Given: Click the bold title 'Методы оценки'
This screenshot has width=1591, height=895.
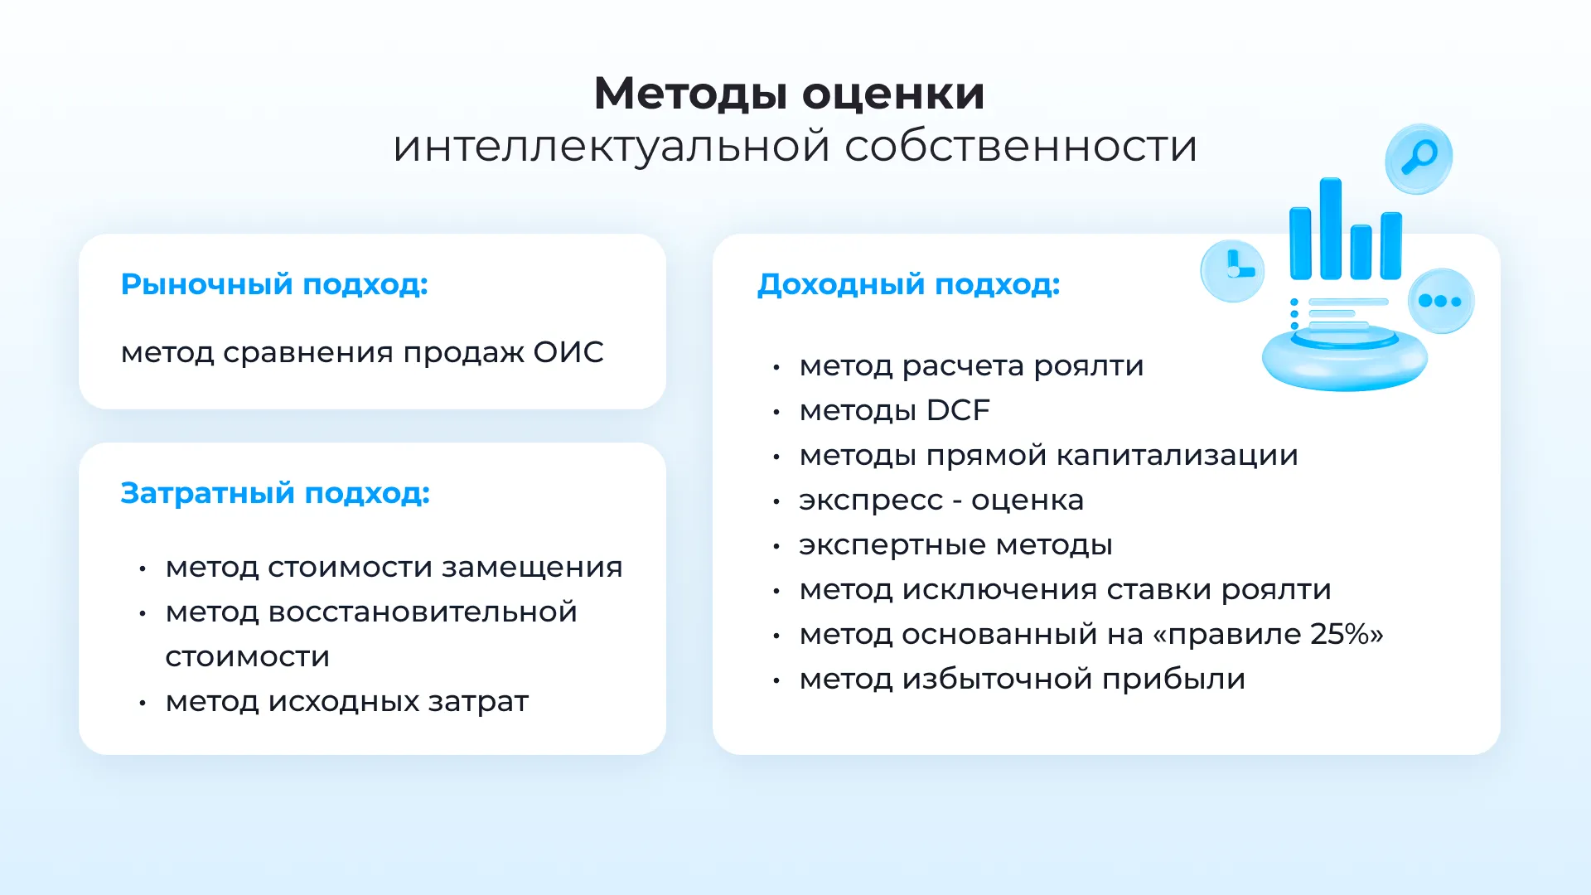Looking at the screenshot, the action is tap(789, 94).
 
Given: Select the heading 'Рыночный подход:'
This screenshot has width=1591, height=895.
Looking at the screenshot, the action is tap(274, 284).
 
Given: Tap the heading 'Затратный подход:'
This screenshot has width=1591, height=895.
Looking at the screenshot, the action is tap(275, 493).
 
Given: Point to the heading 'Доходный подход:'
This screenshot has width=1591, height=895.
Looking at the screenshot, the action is tap(908, 284).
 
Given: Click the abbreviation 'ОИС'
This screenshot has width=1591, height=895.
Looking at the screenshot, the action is tap(568, 352).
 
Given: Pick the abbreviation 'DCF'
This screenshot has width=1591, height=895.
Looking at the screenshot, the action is tap(958, 410).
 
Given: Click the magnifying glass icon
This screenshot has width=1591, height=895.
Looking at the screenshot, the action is tap(1419, 158).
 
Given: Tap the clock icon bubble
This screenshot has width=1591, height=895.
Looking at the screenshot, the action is tap(1232, 271).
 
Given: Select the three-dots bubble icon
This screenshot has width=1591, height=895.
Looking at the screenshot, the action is tap(1440, 301).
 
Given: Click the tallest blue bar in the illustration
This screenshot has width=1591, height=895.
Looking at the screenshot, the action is tap(1330, 228).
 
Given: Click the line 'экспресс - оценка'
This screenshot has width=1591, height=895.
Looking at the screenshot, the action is tap(941, 501).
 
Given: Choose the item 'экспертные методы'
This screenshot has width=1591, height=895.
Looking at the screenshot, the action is tap(955, 545).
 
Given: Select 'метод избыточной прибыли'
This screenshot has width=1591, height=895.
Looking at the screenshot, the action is tap(1023, 680).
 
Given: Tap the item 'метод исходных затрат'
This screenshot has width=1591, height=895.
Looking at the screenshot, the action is tap(346, 702).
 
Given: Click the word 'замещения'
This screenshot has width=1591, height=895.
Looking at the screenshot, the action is tap(532, 568).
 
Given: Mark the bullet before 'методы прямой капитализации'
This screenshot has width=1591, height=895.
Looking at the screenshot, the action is tap(776, 457).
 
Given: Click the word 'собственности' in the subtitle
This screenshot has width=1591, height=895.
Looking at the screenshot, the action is tap(1021, 147).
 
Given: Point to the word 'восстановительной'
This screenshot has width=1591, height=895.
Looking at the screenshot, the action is tap(423, 612).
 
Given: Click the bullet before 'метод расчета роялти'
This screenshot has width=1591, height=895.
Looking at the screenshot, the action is tap(776, 367).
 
